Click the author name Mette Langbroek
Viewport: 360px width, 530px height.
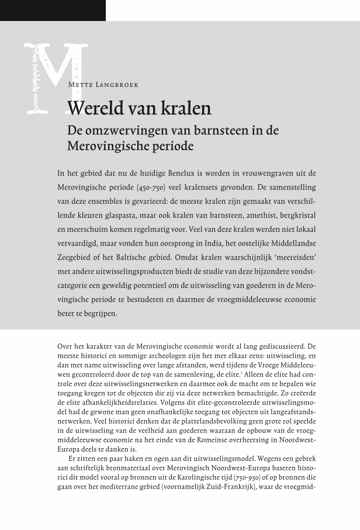pyautogui.click(x=103, y=85)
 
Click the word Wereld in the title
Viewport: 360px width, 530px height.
pyautogui.click(x=94, y=109)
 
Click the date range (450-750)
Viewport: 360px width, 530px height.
pyautogui.click(x=151, y=188)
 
